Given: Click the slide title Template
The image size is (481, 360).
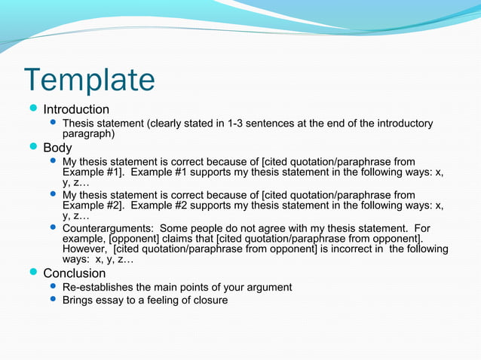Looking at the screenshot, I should click(x=89, y=80).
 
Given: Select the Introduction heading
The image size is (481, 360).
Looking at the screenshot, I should click(x=75, y=109).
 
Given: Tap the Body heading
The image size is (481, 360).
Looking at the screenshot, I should click(x=57, y=148).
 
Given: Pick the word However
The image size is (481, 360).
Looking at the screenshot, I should click(x=84, y=249).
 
